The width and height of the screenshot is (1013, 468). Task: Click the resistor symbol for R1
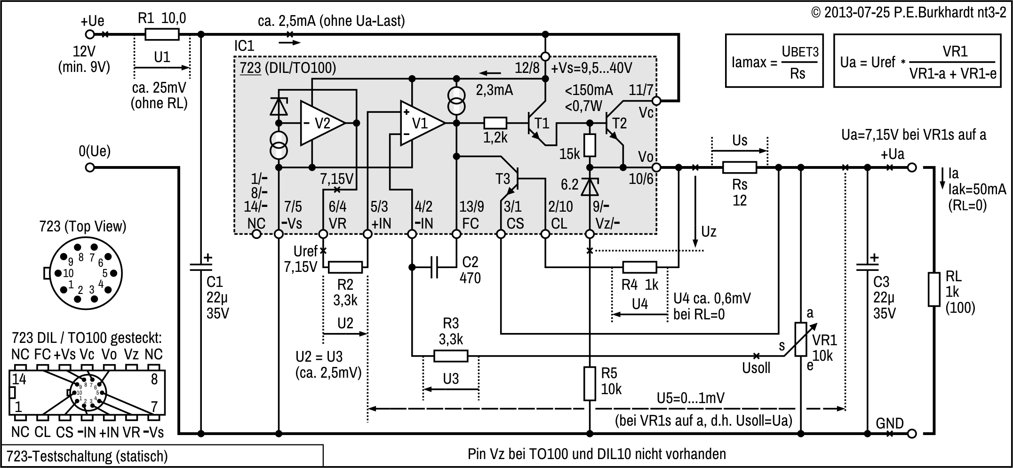pyautogui.click(x=162, y=34)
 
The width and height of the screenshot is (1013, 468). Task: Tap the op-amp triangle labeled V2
pyautogui.click(x=322, y=123)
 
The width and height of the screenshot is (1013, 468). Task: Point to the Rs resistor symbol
pyautogui.click(x=739, y=167)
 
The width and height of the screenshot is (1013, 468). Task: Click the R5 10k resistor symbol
pyautogui.click(x=590, y=383)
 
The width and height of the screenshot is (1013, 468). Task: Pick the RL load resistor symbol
pyautogui.click(x=934, y=289)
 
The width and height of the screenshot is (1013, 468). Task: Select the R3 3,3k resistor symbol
pyautogui.click(x=450, y=356)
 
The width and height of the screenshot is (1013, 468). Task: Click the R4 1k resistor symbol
pyautogui.click(x=639, y=268)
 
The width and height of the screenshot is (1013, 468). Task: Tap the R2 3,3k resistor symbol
pyautogui.click(x=345, y=268)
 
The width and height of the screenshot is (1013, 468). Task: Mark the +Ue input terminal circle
pyautogui.click(x=89, y=34)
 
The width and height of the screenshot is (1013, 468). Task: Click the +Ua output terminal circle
pyautogui.click(x=912, y=167)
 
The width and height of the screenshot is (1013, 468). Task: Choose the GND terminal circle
pyautogui.click(x=912, y=433)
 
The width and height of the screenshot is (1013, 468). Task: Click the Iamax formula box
pyautogui.click(x=774, y=61)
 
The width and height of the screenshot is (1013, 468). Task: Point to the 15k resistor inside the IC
pyautogui.click(x=590, y=145)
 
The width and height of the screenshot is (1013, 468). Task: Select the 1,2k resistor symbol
pyautogui.click(x=495, y=123)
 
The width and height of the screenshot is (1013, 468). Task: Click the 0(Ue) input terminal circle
pyautogui.click(x=89, y=167)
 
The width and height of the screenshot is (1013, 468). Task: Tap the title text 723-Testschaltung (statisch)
pyautogui.click(x=87, y=456)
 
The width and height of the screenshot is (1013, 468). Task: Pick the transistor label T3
pyautogui.click(x=503, y=179)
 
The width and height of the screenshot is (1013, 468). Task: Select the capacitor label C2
pyautogui.click(x=470, y=262)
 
